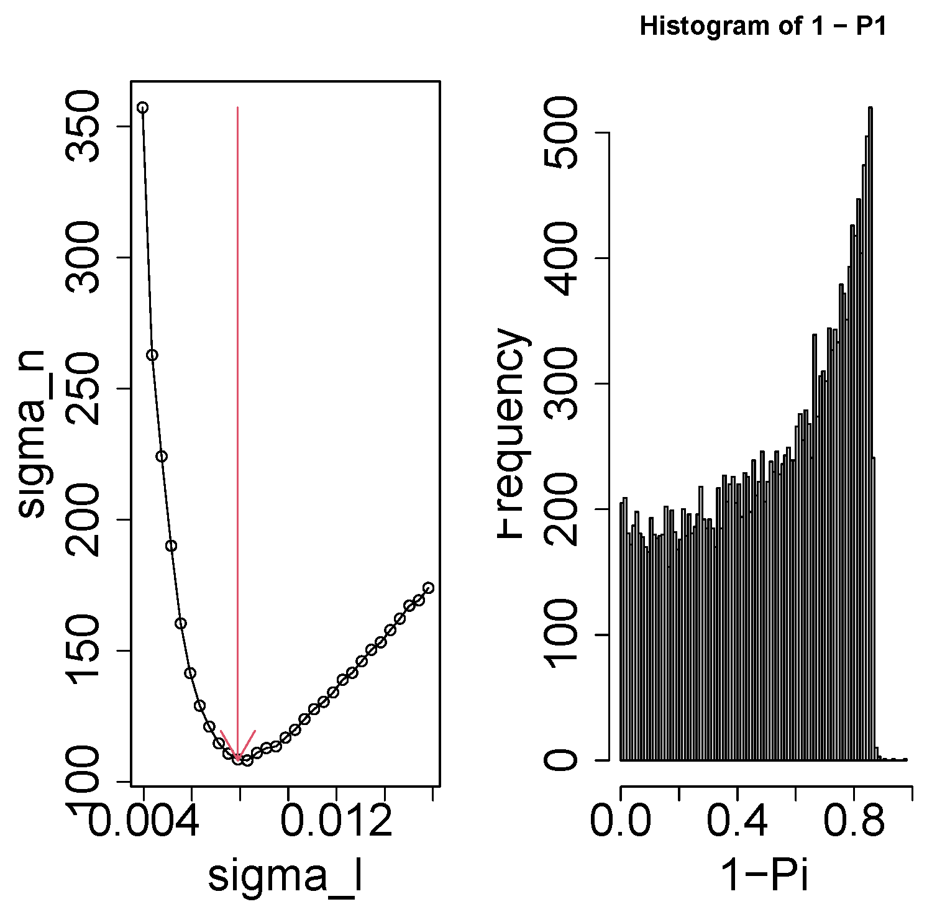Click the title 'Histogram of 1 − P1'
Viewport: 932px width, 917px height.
click(763, 26)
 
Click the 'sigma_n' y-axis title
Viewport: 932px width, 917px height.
click(32, 433)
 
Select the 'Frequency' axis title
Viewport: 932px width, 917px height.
click(513, 433)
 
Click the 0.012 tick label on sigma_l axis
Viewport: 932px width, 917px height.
click(336, 821)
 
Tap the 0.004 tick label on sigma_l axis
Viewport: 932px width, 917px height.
click(144, 821)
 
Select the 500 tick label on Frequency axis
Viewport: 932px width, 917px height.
click(561, 133)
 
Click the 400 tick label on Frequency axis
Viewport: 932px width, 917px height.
click(561, 258)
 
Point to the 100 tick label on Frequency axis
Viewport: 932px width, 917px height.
click(561, 634)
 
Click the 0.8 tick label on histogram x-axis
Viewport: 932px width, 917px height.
click(854, 821)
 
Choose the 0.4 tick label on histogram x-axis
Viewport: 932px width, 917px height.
click(737, 821)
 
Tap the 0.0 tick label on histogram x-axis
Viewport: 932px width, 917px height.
click(621, 821)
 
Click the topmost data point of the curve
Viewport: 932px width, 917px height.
click(143, 107)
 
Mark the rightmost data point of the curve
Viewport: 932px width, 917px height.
click(428, 588)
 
